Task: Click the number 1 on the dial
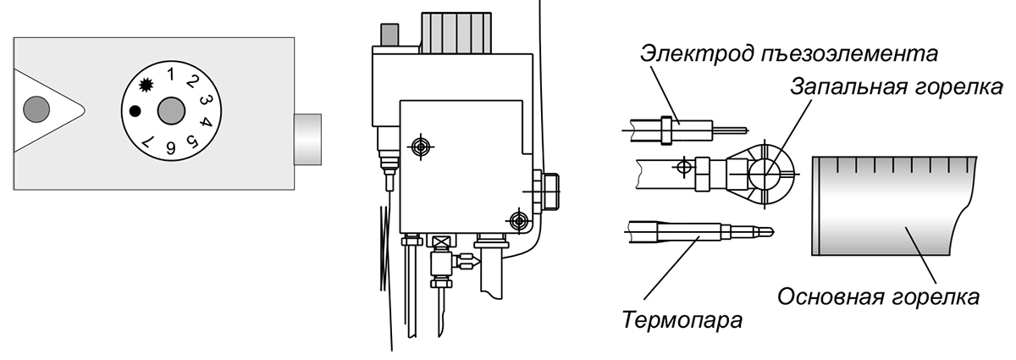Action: pos(171,74)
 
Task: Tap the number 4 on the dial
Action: pos(206,120)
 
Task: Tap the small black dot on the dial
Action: pos(134,110)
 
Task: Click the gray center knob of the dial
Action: pos(171,110)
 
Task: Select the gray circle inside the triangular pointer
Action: pos(36,108)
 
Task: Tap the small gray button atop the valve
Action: pos(390,36)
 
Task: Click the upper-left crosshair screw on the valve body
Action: pos(417,146)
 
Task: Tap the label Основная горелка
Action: pos(878,297)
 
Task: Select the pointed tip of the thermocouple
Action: pos(766,230)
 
